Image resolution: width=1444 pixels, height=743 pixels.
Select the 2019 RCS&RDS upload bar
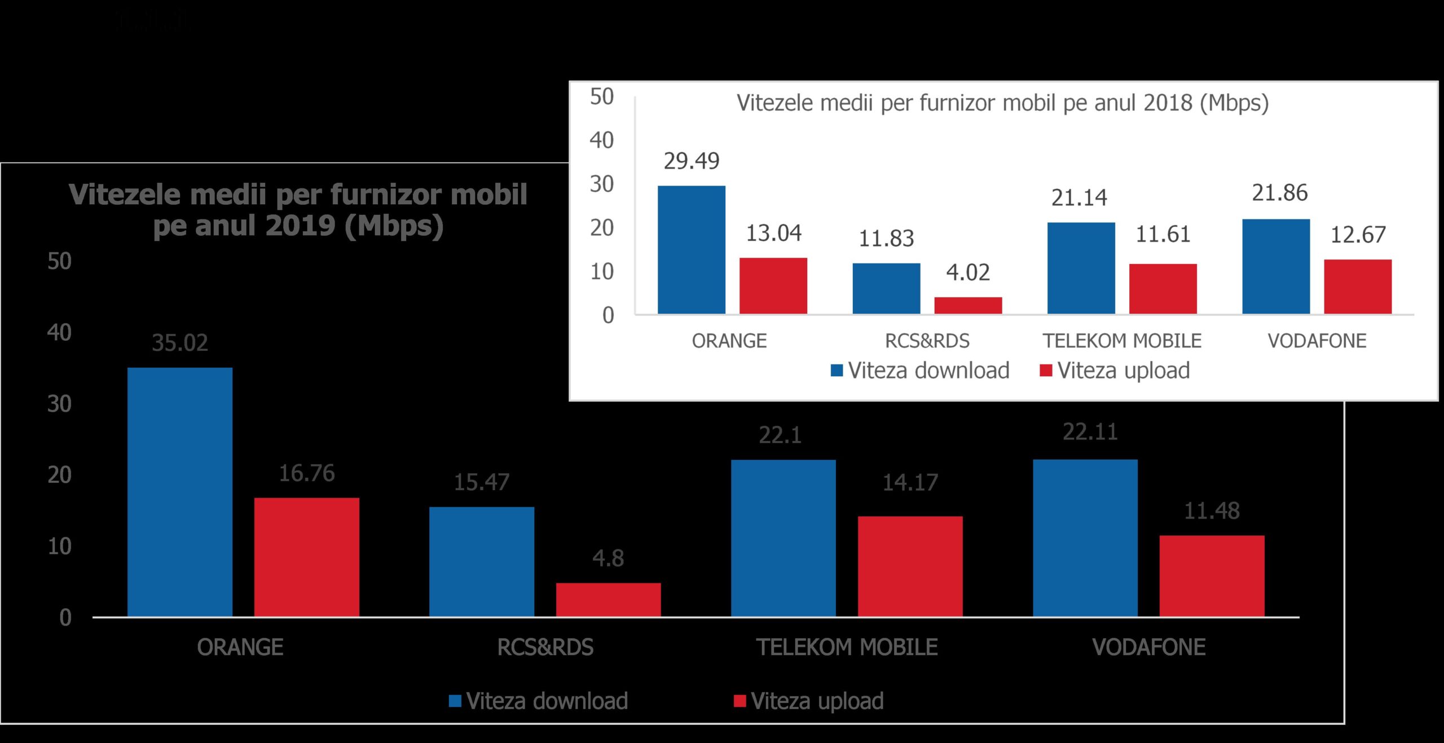608,599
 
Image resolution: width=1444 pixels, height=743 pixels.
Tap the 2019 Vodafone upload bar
1212,575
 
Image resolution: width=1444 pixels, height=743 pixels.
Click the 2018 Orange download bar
692,249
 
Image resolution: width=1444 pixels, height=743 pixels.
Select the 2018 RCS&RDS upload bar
968,305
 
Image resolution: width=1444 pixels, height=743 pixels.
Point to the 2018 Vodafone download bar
1276,266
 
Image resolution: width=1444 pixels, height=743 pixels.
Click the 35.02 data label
180,342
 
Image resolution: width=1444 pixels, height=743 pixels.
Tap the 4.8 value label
608,558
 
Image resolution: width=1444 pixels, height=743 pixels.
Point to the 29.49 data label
692,161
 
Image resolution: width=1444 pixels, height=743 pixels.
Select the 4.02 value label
968,272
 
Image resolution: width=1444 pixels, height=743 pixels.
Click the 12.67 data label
1358,235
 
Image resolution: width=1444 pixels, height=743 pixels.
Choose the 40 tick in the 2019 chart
59,332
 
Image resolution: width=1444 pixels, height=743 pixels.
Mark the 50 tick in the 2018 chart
602,97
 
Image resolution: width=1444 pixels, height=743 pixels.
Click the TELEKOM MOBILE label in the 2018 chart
1122,341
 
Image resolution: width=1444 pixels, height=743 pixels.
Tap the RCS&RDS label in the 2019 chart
545,647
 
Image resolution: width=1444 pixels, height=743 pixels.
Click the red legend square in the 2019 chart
739,701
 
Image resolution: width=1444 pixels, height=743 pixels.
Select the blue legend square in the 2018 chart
837,371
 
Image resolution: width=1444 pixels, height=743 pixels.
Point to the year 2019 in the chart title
301,226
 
